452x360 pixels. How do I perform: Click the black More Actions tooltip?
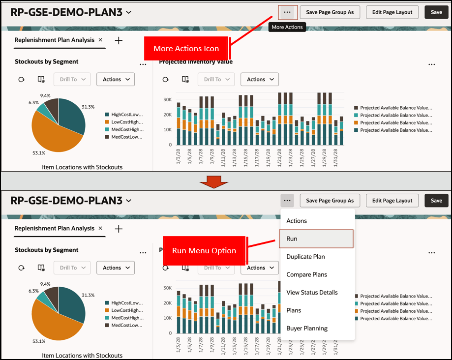pos(287,27)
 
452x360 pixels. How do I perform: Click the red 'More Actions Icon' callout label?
pos(186,49)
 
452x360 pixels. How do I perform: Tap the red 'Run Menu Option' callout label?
pos(204,250)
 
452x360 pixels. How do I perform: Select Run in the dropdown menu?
pos(316,239)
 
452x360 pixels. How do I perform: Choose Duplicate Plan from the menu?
pos(305,257)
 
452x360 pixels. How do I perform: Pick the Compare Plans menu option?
pos(306,274)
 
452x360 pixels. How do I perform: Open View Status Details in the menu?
pos(312,293)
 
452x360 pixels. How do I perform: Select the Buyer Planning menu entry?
pos(306,329)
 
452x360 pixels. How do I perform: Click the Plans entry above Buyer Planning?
pos(294,310)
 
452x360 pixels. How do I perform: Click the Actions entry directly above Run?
pos(297,221)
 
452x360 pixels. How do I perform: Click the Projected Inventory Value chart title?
pos(196,62)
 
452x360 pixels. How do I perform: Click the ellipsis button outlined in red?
pos(288,12)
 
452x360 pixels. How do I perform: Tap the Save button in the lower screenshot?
pos(436,201)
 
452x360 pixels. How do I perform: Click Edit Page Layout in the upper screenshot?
pos(392,12)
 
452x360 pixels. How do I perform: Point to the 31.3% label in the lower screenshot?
pos(88,295)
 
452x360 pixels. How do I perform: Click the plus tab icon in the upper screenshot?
pos(119,40)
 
